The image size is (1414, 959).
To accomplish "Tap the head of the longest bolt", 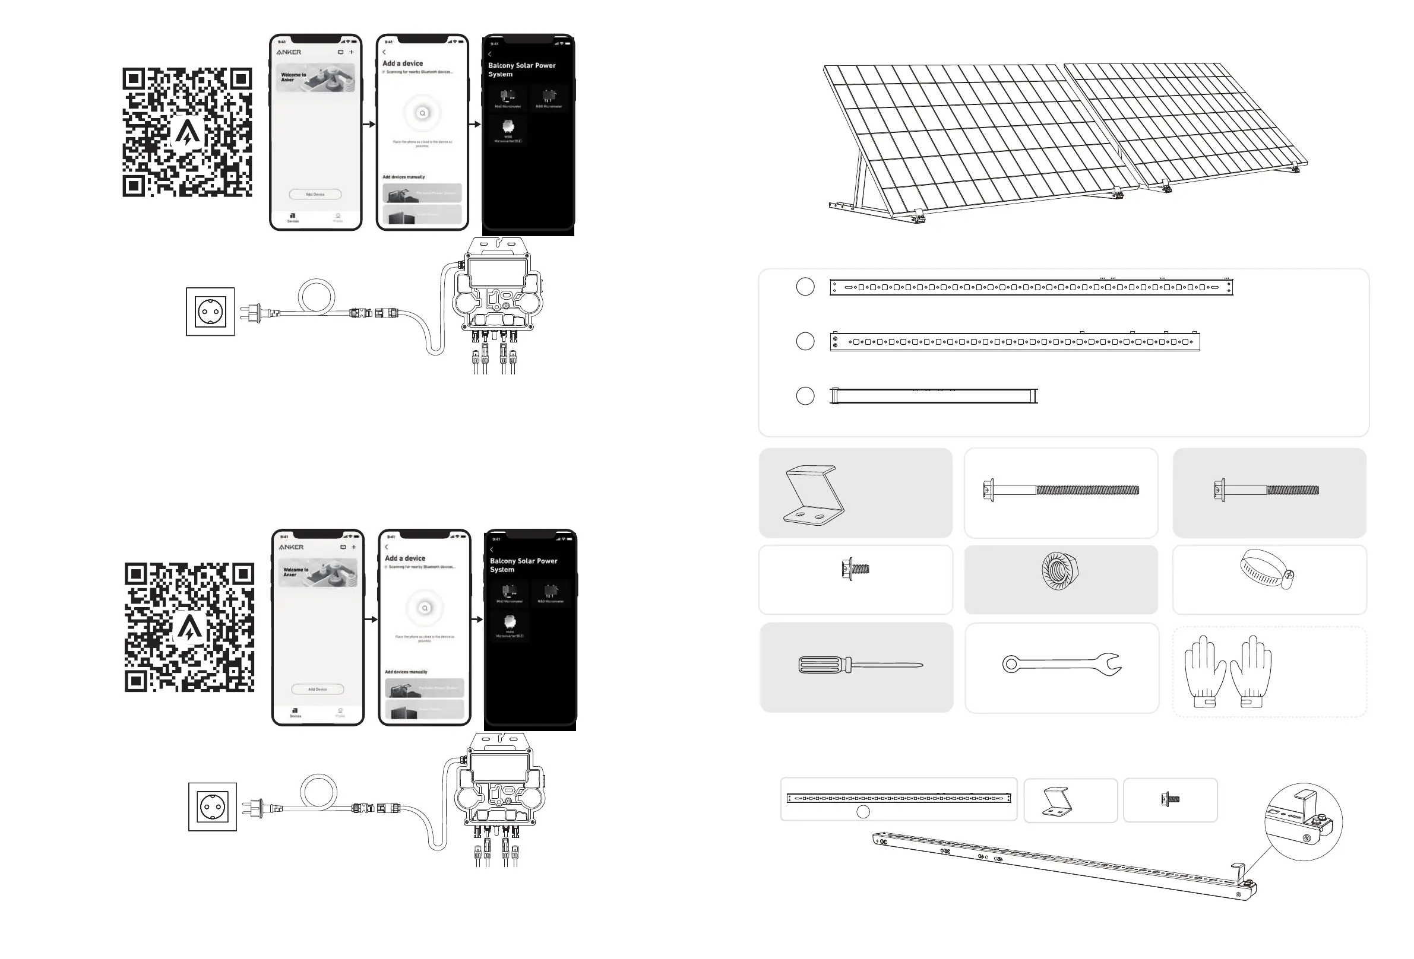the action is [x=988, y=490].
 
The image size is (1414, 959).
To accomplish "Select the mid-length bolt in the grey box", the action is [x=1267, y=490].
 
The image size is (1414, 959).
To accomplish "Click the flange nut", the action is [x=1060, y=571].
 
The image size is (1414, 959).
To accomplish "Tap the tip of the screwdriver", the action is [x=920, y=665].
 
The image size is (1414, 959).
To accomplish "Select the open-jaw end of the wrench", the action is [x=1112, y=664].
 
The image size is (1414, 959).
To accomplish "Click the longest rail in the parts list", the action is [x=1032, y=287].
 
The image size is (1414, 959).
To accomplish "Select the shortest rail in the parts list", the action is [x=934, y=396].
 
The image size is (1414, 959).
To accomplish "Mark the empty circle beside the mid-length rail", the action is [x=805, y=341].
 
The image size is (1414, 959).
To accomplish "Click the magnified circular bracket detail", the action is [x=1304, y=821].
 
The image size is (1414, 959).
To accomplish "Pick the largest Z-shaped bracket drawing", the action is [x=814, y=495].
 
